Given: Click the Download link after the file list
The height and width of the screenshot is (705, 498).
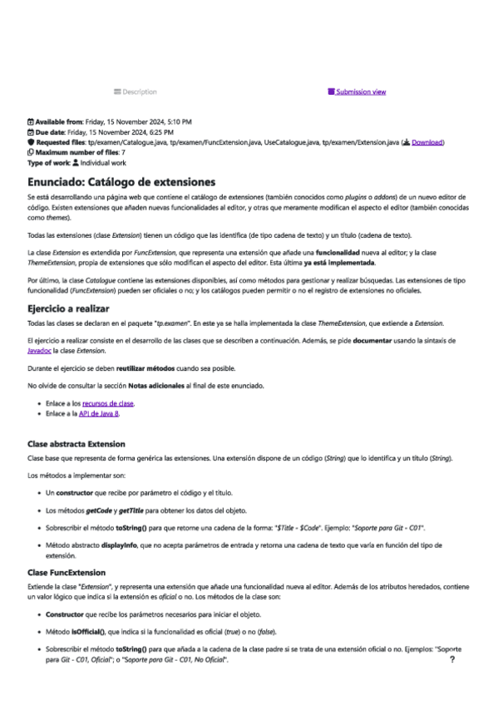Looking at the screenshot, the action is pos(427,142).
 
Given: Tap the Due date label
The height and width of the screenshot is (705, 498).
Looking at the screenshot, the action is pos(49,132).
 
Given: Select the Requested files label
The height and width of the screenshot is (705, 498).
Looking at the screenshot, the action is pos(59,142).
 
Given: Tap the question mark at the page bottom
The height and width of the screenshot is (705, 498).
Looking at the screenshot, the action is pos(451,658).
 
